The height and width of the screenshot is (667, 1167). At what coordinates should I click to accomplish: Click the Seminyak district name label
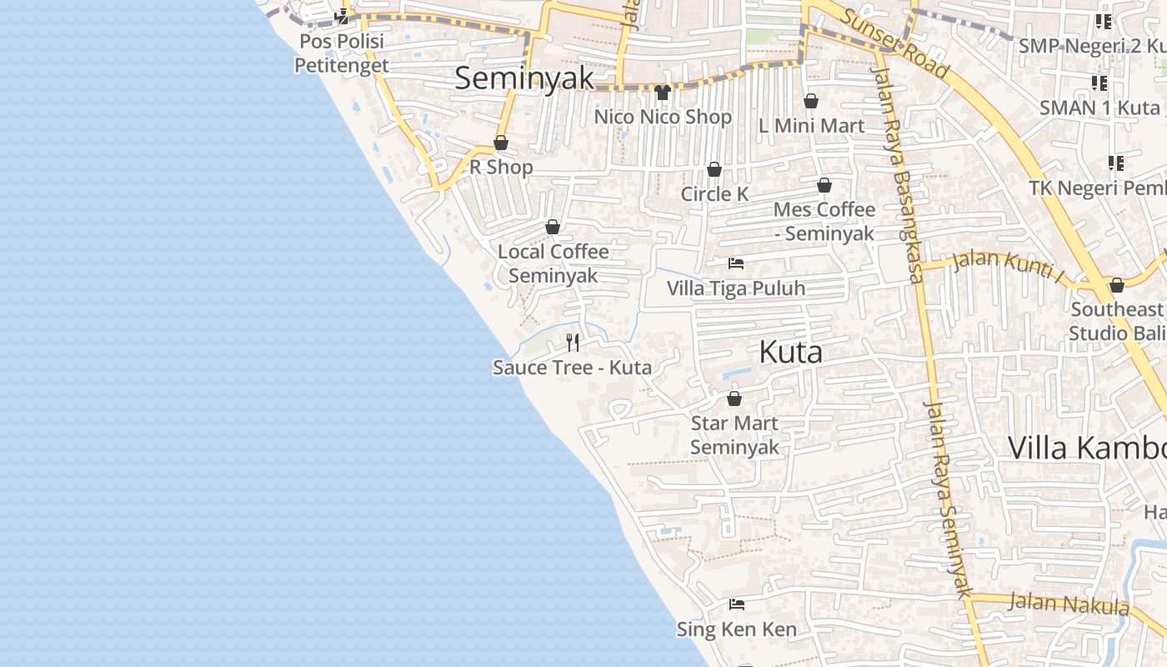pos(524,78)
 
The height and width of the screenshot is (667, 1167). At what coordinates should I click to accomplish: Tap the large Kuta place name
pos(790,352)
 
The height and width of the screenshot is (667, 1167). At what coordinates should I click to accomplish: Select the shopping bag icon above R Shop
pos(501,143)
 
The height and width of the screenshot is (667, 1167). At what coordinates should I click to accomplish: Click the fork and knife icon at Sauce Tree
pos(573,342)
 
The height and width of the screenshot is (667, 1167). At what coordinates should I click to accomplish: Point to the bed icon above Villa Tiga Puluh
pos(736,263)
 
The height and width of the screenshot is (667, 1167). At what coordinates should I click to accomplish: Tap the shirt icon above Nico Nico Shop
pos(663,93)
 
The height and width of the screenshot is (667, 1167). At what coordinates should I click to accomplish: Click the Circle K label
pos(714,194)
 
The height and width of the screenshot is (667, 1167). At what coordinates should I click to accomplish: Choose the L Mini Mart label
pos(811,126)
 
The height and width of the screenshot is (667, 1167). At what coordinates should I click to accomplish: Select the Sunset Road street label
pos(894,43)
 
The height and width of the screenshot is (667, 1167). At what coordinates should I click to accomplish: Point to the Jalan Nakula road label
pos(1068,604)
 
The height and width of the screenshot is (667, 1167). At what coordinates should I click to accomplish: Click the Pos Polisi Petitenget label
pos(342,53)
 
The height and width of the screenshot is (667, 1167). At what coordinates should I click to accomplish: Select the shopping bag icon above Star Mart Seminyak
pos(734,399)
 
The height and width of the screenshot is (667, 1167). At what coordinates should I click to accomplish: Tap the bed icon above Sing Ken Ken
pos(736,604)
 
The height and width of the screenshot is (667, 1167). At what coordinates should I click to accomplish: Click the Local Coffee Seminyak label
pos(553,263)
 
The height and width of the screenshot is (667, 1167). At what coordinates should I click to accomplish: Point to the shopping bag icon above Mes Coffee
pos(824,185)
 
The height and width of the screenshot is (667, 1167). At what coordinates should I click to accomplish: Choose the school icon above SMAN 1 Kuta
pos(1099,83)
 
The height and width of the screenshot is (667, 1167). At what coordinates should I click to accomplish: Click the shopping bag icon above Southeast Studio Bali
pos(1117,286)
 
